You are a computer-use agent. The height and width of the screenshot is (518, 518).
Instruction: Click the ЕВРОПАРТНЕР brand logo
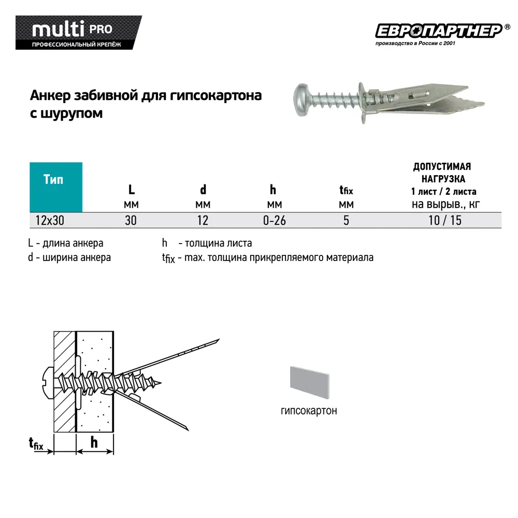tap(438, 31)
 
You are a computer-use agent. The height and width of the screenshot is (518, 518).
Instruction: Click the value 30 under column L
tap(131, 220)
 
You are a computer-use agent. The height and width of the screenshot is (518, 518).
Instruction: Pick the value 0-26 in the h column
tap(274, 220)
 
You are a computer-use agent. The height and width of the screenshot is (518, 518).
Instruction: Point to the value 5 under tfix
tap(346, 220)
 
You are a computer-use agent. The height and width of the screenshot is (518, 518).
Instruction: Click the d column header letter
tap(203, 190)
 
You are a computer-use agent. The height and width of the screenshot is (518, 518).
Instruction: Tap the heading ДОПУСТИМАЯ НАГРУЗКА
tap(442, 172)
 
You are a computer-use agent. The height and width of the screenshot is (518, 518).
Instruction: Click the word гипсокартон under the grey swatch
tap(309, 411)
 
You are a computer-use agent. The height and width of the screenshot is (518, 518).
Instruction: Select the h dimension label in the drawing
tap(94, 442)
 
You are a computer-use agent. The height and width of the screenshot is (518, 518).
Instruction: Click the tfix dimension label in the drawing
tap(36, 444)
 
